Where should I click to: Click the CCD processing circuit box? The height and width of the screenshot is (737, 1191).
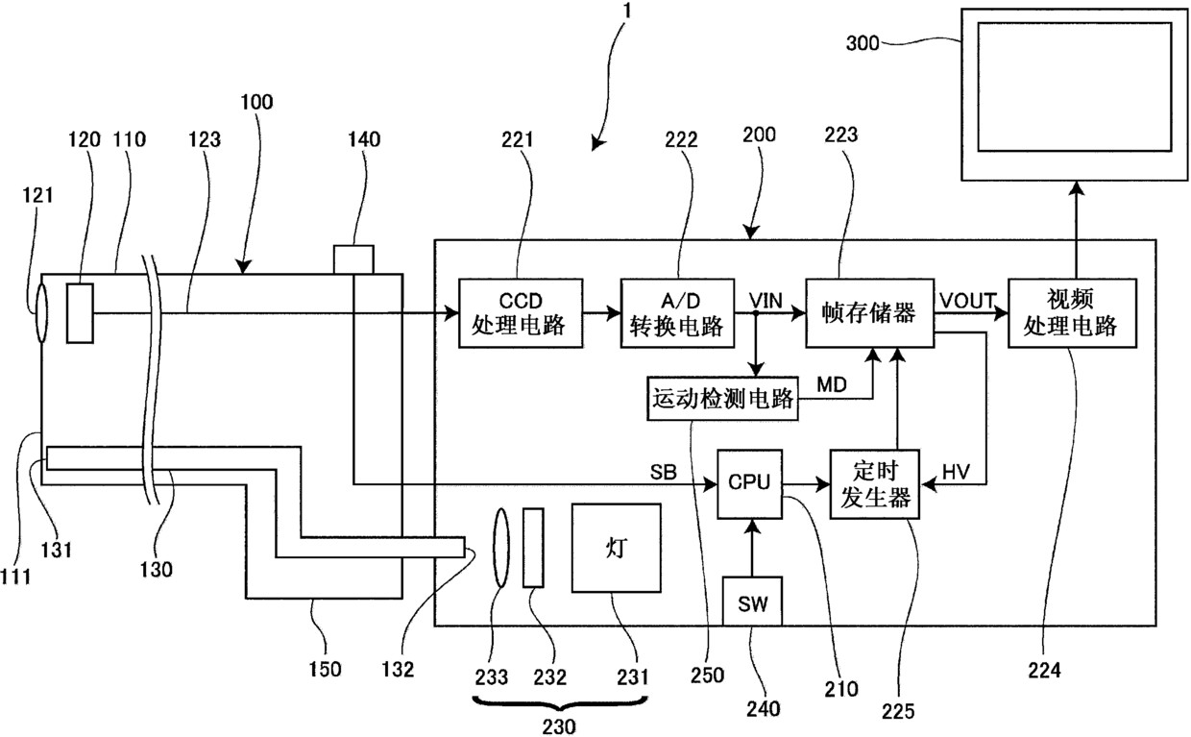(521, 313)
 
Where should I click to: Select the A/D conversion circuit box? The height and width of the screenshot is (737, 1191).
(677, 313)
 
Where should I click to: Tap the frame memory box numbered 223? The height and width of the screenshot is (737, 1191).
(870, 313)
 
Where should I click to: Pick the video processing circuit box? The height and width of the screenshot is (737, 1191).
(1073, 313)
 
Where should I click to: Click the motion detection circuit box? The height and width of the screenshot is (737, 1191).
(722, 398)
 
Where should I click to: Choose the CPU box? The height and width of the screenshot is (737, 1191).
(750, 484)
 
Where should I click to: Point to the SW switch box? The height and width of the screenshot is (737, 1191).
(752, 601)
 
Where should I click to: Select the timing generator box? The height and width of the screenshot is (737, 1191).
(875, 484)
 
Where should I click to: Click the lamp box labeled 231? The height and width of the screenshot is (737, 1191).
(617, 548)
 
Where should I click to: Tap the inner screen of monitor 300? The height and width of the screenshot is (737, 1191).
(1075, 86)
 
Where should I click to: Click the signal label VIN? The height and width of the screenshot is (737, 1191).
(766, 301)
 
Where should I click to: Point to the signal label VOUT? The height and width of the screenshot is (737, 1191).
(968, 301)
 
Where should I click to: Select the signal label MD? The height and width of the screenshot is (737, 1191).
(832, 384)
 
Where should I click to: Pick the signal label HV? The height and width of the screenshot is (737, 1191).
(956, 472)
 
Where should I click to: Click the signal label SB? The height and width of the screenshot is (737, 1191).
(663, 472)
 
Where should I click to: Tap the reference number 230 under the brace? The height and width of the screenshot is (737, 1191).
(559, 726)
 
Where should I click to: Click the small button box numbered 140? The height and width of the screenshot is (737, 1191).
(353, 259)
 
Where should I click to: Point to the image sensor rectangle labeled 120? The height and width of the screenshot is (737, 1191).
(81, 313)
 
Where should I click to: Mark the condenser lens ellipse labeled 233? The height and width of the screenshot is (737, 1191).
(500, 548)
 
